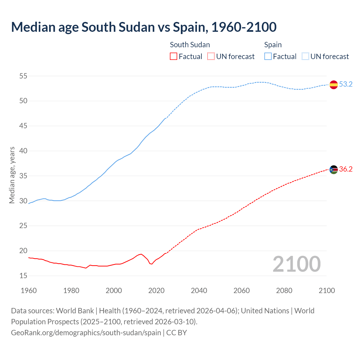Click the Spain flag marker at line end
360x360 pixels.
tap(334, 84)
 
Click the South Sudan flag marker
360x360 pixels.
tap(334, 169)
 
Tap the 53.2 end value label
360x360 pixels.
tap(346, 84)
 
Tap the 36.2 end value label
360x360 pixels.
tap(346, 169)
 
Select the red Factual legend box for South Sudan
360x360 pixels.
tap(174, 57)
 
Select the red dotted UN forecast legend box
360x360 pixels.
tap(211, 57)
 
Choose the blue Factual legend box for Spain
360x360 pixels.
tap(268, 57)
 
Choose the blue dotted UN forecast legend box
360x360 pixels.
tap(305, 57)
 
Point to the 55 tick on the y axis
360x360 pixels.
tap(23, 76)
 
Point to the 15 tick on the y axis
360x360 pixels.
tap(23, 276)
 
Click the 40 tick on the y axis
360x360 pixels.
tap(23, 151)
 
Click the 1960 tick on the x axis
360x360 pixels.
tap(29, 291)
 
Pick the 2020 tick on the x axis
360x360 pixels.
tap(156, 291)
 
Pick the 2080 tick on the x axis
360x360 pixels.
tap(284, 291)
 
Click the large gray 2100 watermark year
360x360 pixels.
tap(297, 264)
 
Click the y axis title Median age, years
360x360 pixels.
tap(12, 175)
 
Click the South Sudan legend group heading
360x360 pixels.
tap(190, 45)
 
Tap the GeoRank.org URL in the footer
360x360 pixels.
tap(86, 332)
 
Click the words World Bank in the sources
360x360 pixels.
tap(75, 310)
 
